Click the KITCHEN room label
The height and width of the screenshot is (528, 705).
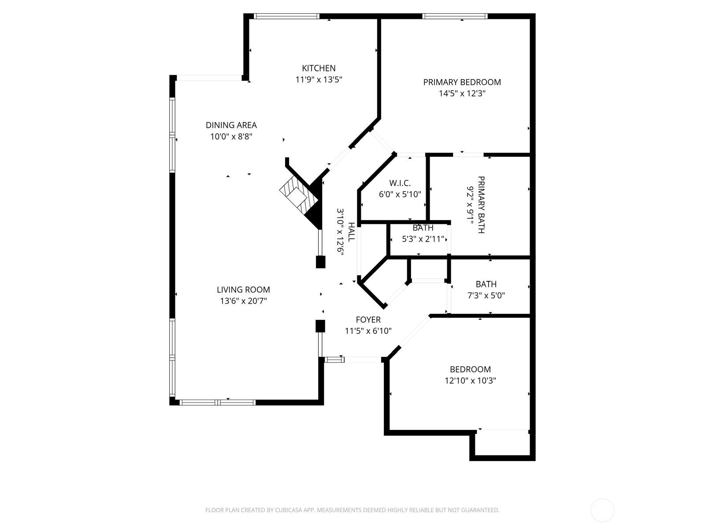pyautogui.click(x=319, y=68)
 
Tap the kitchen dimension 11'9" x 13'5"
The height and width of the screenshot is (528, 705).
pyautogui.click(x=319, y=80)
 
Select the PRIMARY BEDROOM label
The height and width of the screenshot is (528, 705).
pyautogui.click(x=462, y=82)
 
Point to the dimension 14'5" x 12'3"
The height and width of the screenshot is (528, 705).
pyautogui.click(x=462, y=94)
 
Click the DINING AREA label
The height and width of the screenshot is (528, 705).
pyautogui.click(x=231, y=125)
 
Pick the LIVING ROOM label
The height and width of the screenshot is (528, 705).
pyautogui.click(x=243, y=290)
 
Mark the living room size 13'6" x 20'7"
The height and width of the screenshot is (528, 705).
pyautogui.click(x=243, y=301)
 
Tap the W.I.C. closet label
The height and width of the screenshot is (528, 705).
pyautogui.click(x=400, y=183)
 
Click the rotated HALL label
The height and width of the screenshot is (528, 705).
pyautogui.click(x=351, y=232)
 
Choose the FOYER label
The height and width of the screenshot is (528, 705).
pyautogui.click(x=368, y=319)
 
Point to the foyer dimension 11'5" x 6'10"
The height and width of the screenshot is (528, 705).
pyautogui.click(x=368, y=331)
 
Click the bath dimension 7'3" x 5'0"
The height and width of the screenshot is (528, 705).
pyautogui.click(x=486, y=295)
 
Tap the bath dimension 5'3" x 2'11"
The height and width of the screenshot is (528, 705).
pyautogui.click(x=423, y=239)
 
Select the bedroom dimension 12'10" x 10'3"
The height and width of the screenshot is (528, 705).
pyautogui.click(x=470, y=381)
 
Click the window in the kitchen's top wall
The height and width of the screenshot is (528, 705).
pyautogui.click(x=286, y=16)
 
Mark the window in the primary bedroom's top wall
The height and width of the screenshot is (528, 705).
pyautogui.click(x=455, y=16)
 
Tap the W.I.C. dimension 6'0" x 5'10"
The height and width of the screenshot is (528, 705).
pyautogui.click(x=400, y=194)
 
